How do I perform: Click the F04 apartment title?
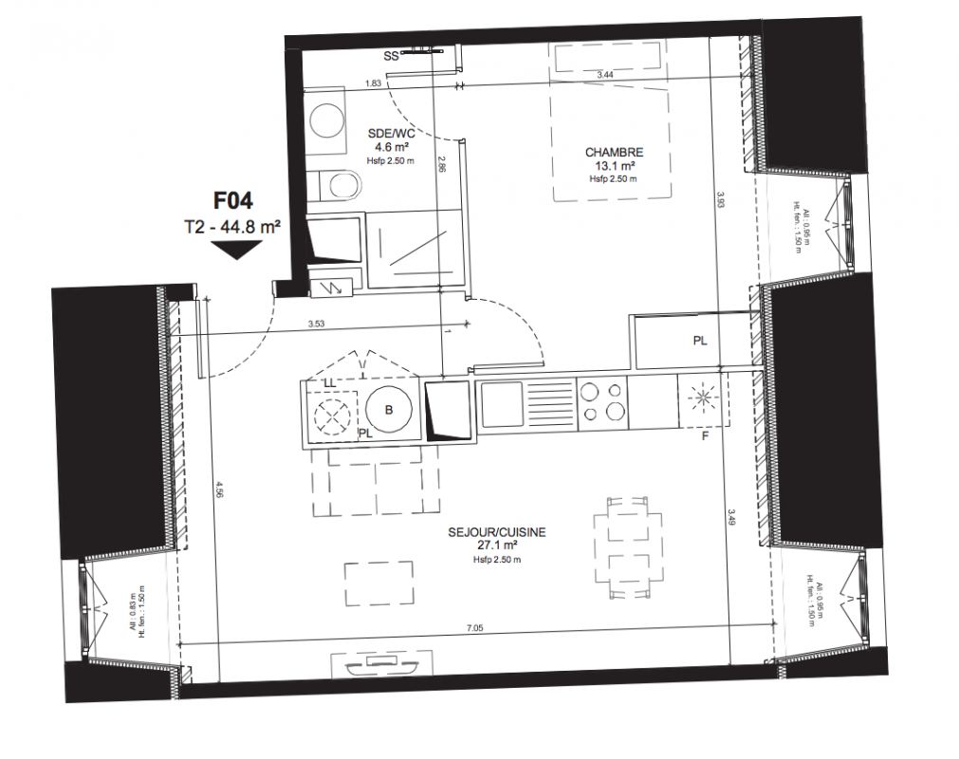pyautogui.click(x=232, y=200)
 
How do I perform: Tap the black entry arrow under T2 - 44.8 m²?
pyautogui.click(x=236, y=250)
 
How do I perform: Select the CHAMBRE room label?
pyautogui.click(x=614, y=153)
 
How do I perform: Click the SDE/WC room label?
pyautogui.click(x=392, y=134)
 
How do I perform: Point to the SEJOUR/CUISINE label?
pyautogui.click(x=497, y=532)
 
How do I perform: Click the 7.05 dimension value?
pyautogui.click(x=474, y=627)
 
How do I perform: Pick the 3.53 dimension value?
pyautogui.click(x=316, y=324)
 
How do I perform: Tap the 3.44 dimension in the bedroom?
pyautogui.click(x=605, y=75)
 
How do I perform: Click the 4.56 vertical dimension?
pyautogui.click(x=218, y=491)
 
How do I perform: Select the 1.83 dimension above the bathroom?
pyautogui.click(x=373, y=83)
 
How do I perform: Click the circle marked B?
pyautogui.click(x=389, y=411)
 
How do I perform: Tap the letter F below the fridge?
pyautogui.click(x=705, y=436)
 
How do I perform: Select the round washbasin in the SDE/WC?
pyautogui.click(x=328, y=120)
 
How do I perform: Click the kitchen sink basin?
pyautogui.click(x=502, y=404)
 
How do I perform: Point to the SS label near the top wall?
pyautogui.click(x=392, y=56)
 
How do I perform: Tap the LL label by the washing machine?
pyautogui.click(x=329, y=383)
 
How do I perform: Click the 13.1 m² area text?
pyautogui.click(x=614, y=166)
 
